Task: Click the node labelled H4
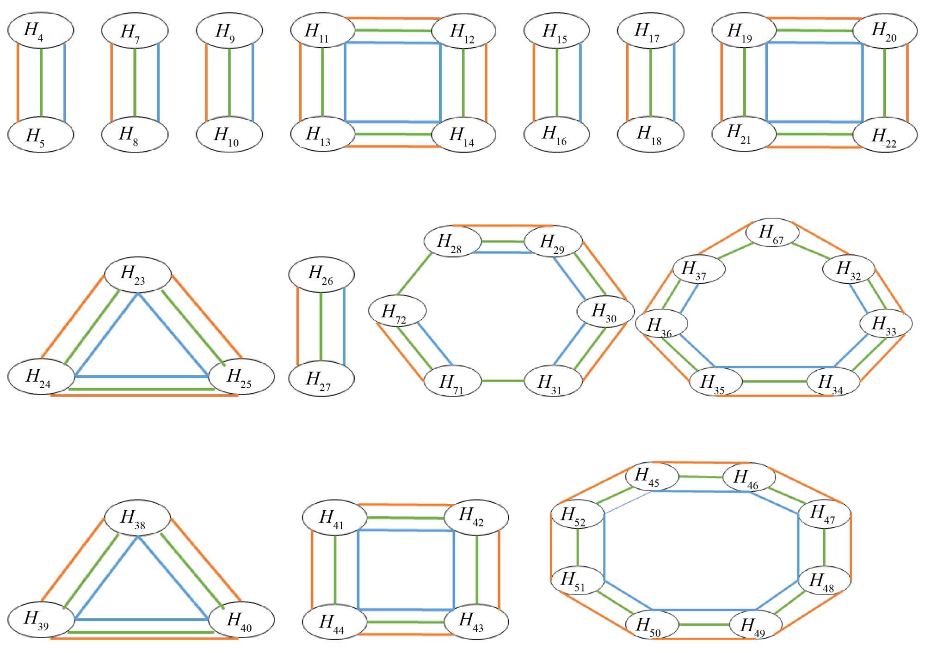point(41,31)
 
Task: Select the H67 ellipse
point(772,232)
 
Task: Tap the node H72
point(397,311)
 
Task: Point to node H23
point(138,275)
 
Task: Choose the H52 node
point(578,514)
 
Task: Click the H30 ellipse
point(606,311)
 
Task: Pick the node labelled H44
point(335,622)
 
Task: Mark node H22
point(885,135)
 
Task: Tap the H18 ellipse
point(650,134)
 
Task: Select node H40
point(241,620)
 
